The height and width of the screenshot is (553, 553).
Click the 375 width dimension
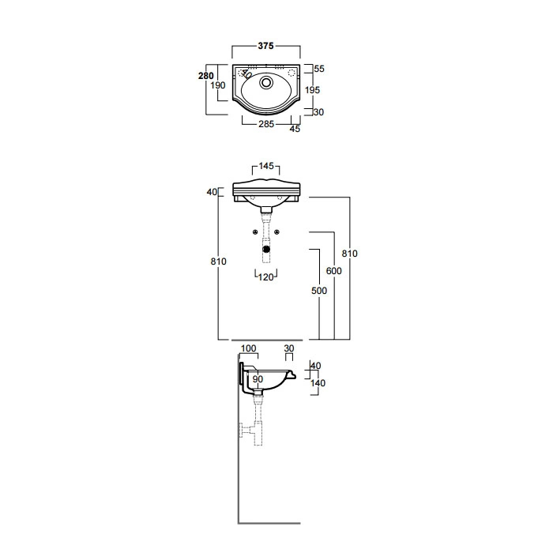point(265,46)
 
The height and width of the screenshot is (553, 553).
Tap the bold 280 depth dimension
point(206,76)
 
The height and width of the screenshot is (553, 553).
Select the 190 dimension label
point(217,85)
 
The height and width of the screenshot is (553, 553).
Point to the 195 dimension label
point(313,90)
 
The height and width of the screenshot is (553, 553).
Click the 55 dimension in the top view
point(319,69)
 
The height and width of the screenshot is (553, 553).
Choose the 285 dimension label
point(266,124)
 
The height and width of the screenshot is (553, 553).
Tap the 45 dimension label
point(295,129)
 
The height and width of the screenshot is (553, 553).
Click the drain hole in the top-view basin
point(266,82)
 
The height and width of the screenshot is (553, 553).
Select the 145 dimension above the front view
point(266,166)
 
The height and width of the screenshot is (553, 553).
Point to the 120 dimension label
point(266,277)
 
